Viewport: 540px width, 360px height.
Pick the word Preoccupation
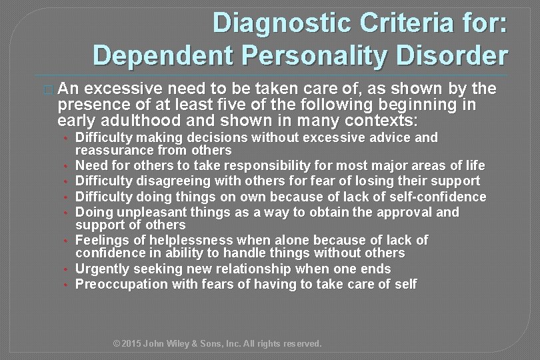(x=115, y=284)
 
